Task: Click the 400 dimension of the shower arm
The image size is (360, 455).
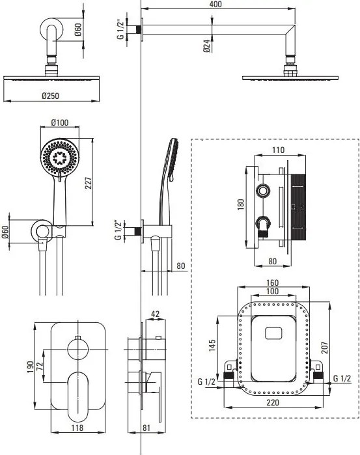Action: point(215,4)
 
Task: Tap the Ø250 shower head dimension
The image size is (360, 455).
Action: point(50,96)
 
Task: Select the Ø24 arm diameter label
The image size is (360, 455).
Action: point(206,46)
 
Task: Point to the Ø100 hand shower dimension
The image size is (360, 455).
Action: point(60,122)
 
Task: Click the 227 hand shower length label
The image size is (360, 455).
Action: point(89,183)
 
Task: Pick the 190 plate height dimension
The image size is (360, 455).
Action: point(30,366)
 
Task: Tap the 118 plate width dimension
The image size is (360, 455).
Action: point(77,428)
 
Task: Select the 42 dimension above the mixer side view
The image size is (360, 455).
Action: point(156,314)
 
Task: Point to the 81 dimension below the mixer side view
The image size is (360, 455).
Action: point(146,428)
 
